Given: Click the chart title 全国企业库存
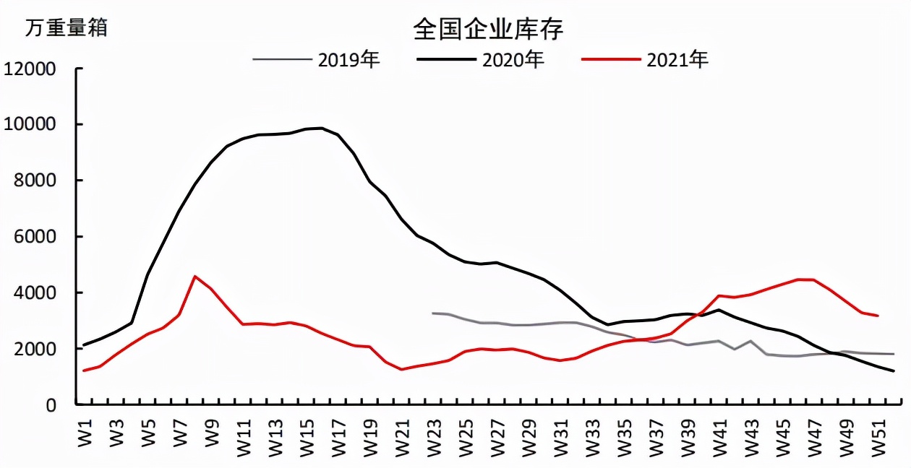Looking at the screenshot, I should pos(488,30).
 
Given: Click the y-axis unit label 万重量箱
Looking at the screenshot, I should pos(67,28).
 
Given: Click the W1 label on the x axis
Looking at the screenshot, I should pos(86,433).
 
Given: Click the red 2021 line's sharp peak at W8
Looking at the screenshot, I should pos(195,276).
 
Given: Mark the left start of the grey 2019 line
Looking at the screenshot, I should pos(432,313).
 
